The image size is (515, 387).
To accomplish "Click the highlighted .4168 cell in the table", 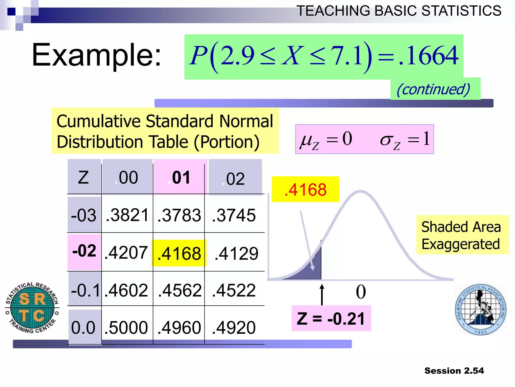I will (x=179, y=253).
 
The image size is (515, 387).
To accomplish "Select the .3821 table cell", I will (x=127, y=215).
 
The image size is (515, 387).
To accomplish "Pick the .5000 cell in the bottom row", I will (x=126, y=327).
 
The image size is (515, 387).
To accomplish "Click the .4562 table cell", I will (x=180, y=290).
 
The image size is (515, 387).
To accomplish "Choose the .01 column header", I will (x=179, y=178).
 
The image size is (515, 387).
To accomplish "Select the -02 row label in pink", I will (x=84, y=251).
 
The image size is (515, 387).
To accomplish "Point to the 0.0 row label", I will (x=83, y=327).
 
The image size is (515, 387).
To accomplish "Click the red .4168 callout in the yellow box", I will (x=305, y=189).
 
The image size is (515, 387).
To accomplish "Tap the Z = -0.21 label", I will (x=331, y=318).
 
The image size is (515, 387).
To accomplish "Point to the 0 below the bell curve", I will (x=361, y=292).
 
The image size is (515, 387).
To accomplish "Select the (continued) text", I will (x=433, y=89).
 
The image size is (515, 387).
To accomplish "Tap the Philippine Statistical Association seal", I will (x=481, y=310).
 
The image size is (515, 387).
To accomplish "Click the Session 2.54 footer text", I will (x=454, y=371).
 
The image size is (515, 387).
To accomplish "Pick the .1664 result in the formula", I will (x=429, y=55).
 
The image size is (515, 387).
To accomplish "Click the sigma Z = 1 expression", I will (x=405, y=139).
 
